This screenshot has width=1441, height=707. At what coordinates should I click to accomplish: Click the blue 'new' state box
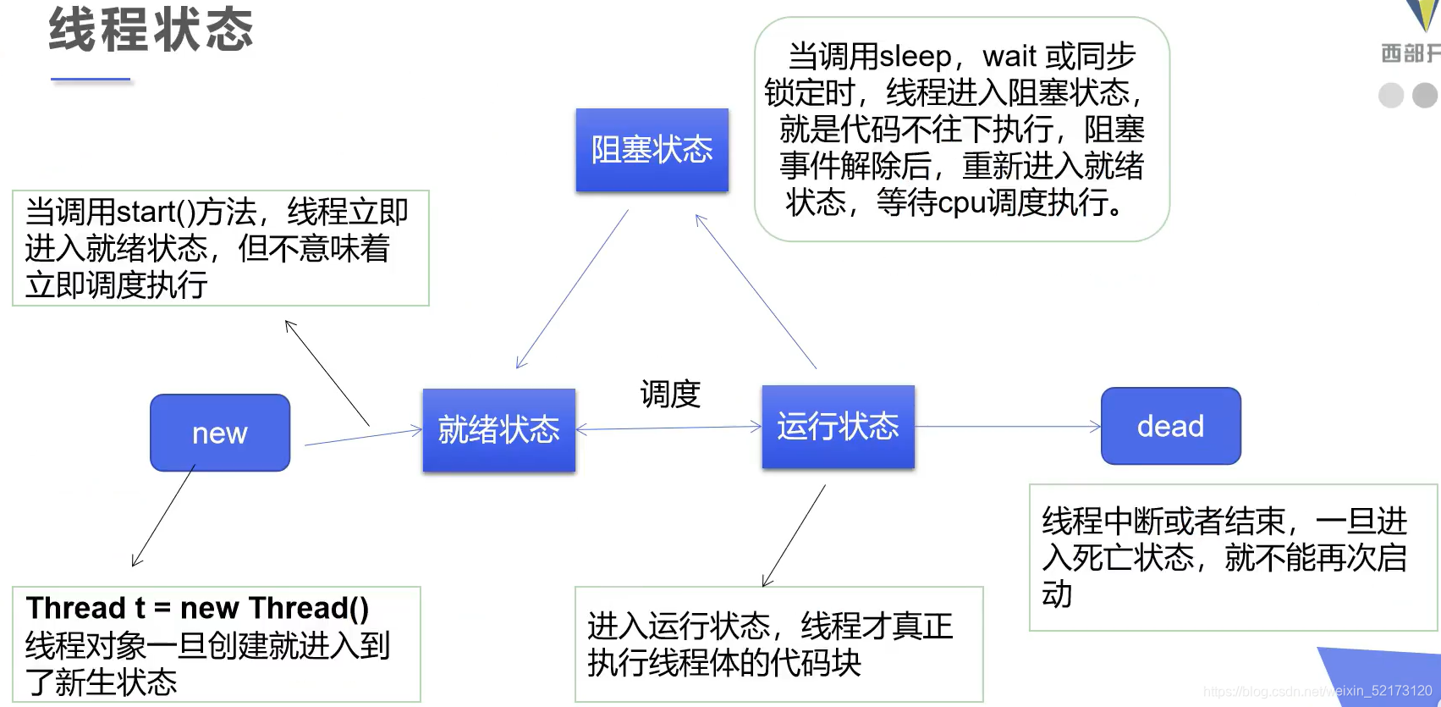[220, 433]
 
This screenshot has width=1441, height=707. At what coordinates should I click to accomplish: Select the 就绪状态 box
[499, 430]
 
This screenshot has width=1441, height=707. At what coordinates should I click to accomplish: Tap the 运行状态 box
[838, 426]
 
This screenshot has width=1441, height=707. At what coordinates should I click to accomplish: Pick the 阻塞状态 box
[652, 150]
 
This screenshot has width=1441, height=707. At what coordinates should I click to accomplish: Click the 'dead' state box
[1170, 426]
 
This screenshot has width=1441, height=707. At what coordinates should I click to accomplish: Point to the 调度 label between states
[670, 395]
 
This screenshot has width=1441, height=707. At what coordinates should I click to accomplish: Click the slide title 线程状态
[151, 30]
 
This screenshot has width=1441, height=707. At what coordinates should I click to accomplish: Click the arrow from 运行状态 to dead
[1007, 426]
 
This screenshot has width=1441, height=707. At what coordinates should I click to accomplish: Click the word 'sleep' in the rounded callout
[916, 57]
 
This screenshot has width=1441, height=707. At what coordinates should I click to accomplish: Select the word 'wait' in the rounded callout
[1009, 57]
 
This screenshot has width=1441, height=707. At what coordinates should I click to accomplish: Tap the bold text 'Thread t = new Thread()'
[197, 608]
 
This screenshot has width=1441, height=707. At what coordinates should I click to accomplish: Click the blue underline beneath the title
[91, 80]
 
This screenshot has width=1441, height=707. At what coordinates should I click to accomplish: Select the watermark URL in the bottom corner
[1317, 691]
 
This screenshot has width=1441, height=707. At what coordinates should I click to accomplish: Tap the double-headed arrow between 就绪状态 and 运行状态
[668, 428]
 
